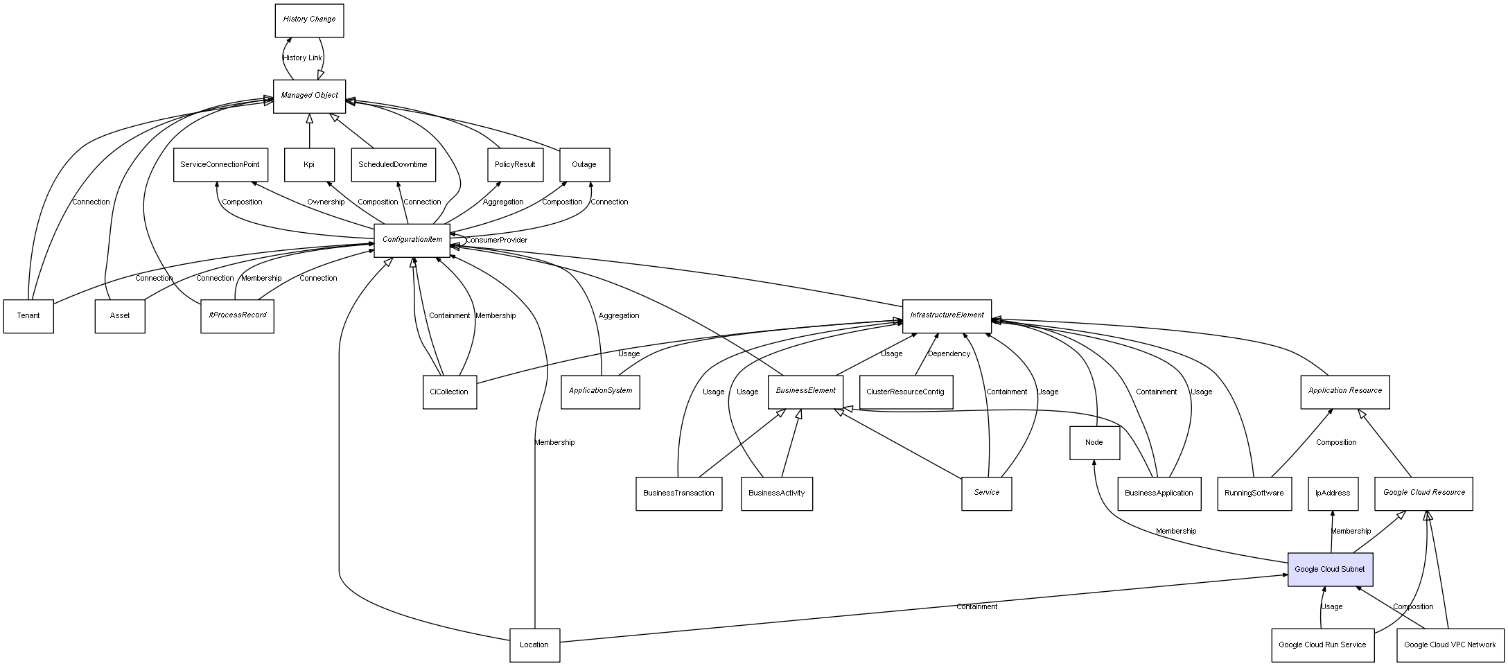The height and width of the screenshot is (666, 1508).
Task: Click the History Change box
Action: [x=309, y=20]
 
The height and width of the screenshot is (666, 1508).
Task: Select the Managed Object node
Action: [x=309, y=96]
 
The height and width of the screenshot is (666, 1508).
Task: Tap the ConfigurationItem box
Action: [x=412, y=240]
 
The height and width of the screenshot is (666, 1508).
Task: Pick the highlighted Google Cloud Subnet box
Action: [x=1330, y=569]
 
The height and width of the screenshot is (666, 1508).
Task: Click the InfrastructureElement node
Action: [x=947, y=315]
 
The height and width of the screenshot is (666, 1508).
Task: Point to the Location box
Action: [x=534, y=645]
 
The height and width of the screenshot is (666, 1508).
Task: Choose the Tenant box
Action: [x=28, y=316]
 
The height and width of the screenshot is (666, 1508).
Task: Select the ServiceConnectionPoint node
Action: [x=220, y=165]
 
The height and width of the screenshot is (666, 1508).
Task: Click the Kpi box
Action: [x=309, y=165]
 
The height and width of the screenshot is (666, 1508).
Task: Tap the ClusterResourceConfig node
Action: [x=905, y=392]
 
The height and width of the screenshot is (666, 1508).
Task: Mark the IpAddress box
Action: [x=1333, y=493]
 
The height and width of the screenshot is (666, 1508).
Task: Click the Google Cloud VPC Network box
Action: [x=1450, y=645]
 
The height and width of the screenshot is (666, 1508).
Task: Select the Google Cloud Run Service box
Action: [x=1322, y=645]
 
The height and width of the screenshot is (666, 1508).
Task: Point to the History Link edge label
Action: [x=302, y=58]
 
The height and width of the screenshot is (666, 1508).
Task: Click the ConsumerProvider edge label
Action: [x=496, y=240]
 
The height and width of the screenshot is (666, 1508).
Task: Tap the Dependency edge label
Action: [x=949, y=354]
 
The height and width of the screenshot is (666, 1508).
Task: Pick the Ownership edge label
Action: [x=326, y=202]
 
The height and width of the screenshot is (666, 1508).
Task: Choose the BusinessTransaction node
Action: [x=678, y=493]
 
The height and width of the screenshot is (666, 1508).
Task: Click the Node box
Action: [x=1094, y=443]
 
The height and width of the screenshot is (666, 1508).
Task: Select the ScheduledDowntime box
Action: [x=393, y=165]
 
